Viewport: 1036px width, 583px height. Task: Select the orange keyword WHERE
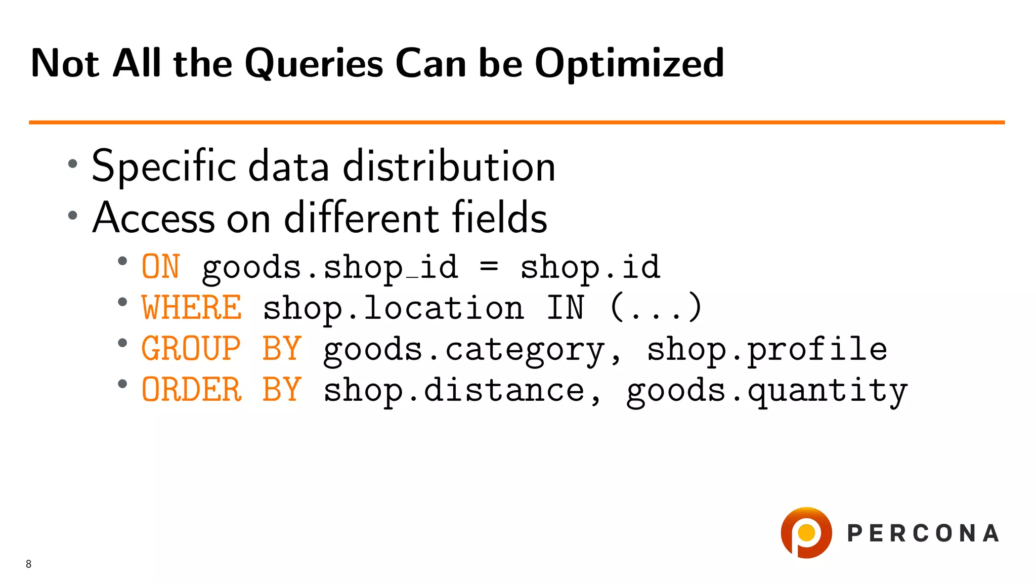(x=192, y=308)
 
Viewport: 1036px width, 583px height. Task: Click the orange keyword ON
(x=161, y=267)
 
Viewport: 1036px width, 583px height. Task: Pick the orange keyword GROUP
(x=191, y=349)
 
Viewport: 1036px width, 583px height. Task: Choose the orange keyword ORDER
(x=192, y=390)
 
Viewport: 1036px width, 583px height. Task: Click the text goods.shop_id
(x=330, y=267)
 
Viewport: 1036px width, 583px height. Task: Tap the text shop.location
(x=394, y=308)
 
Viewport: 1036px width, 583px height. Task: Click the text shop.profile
(x=767, y=349)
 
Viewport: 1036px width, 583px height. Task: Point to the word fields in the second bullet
(x=499, y=218)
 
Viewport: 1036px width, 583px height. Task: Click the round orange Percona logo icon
(x=806, y=532)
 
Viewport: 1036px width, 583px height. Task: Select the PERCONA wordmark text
(x=923, y=533)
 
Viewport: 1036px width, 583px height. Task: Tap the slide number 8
(x=29, y=564)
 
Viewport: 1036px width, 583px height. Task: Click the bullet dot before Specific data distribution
(x=73, y=163)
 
